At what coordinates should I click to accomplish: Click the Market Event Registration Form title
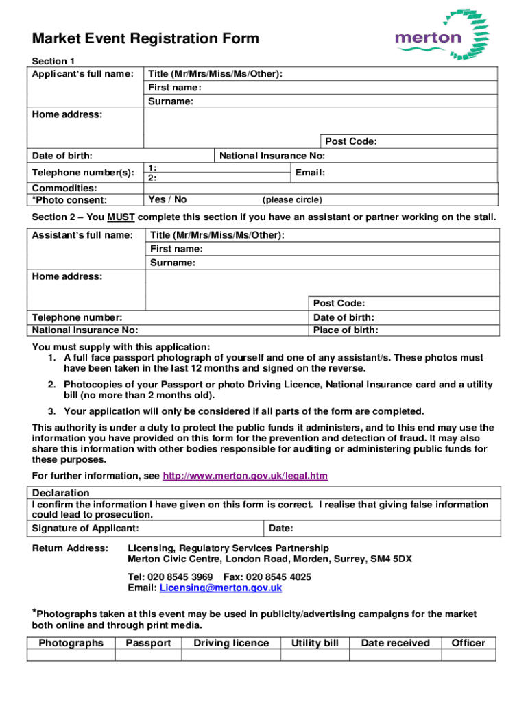click(x=145, y=38)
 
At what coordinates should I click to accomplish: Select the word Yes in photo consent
click(x=156, y=199)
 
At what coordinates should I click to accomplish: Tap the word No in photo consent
click(x=180, y=199)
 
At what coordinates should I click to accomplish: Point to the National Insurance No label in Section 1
click(x=272, y=156)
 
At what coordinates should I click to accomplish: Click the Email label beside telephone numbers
click(x=310, y=173)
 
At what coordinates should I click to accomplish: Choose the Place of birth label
click(x=345, y=330)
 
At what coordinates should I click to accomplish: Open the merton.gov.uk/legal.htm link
click(x=245, y=476)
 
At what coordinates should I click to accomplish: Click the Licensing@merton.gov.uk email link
click(x=221, y=588)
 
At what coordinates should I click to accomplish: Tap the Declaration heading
click(x=61, y=493)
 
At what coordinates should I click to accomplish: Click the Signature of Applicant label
click(x=86, y=528)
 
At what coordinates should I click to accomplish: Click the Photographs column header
click(x=71, y=643)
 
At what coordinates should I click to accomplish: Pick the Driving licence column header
click(x=231, y=643)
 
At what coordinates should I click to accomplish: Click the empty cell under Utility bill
click(x=315, y=655)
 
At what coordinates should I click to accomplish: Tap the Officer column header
click(x=468, y=643)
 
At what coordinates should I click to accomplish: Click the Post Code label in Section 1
click(x=351, y=141)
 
